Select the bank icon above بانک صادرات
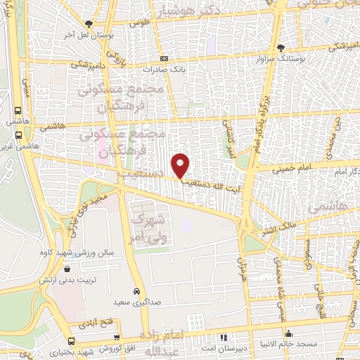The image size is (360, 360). [164, 59]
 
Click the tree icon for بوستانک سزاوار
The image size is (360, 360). [282, 48]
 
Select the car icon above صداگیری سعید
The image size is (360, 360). [136, 290]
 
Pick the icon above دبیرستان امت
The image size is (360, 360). [225, 336]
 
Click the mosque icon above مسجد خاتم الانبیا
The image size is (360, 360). [288, 333]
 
